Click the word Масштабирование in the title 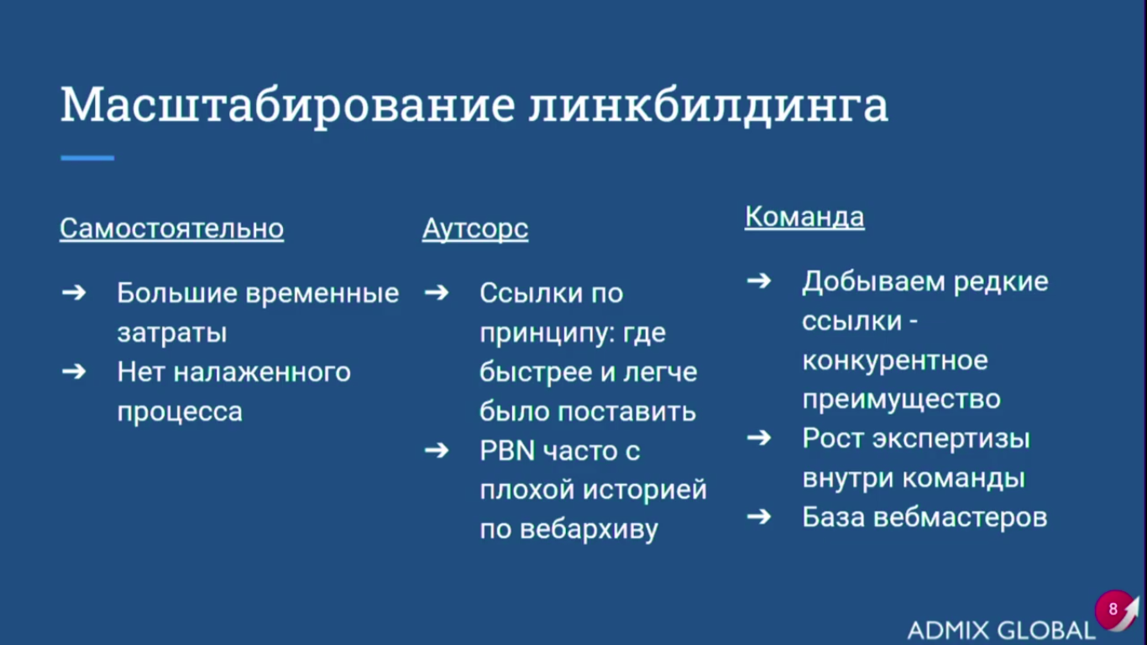point(288,106)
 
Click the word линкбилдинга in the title point(709,106)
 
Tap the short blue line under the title point(87,158)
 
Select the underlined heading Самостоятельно point(171,228)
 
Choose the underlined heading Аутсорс point(475,229)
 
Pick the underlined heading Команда point(804,217)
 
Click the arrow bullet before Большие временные point(74,292)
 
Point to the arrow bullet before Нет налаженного point(74,371)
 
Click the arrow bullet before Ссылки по point(437,292)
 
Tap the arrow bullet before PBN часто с point(437,450)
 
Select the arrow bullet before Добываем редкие point(759,281)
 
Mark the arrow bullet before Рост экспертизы point(759,438)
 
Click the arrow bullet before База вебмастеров point(759,517)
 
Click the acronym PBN point(507,451)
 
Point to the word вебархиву point(589,530)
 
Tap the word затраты point(172,333)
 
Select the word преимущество point(901,400)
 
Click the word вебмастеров point(960,517)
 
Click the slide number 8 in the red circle point(1113,609)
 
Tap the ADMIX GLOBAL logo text point(1001,630)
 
